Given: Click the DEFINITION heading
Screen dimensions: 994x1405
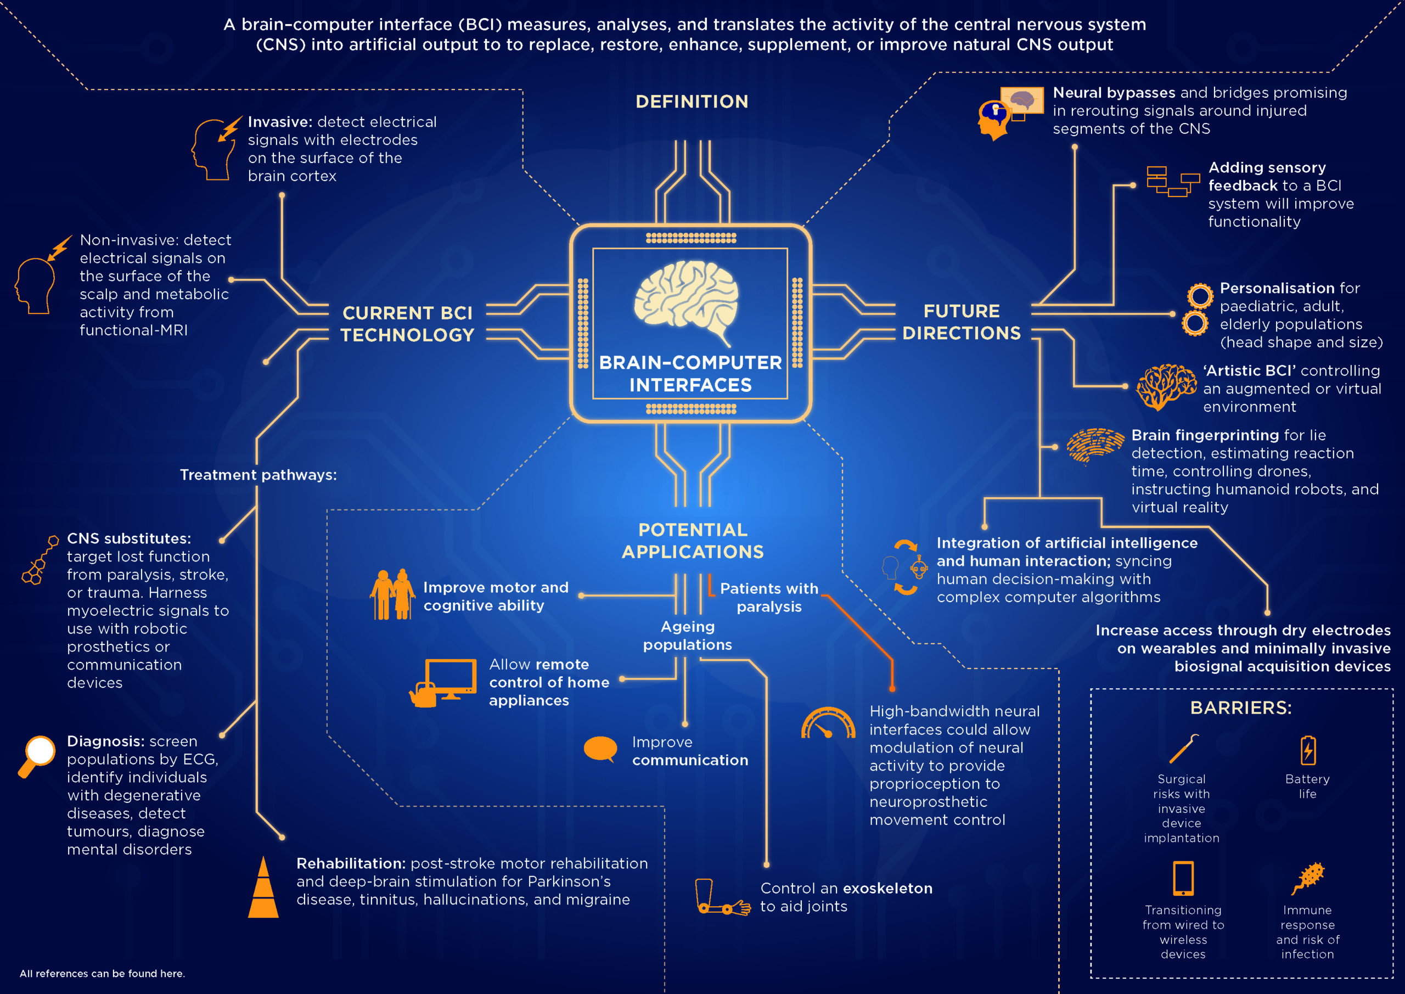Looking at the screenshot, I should click(692, 102).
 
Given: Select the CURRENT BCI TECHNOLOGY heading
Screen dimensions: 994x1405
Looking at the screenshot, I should click(408, 324).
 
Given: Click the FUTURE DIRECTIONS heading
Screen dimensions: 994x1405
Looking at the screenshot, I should click(962, 322).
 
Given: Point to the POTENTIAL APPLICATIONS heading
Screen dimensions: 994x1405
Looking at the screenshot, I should click(693, 541).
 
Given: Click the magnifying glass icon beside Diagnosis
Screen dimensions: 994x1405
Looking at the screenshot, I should click(37, 755).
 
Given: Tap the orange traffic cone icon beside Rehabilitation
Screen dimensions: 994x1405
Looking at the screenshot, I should click(263, 888).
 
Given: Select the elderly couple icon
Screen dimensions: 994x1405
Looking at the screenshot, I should click(392, 594).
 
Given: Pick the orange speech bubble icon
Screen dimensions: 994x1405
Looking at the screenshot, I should click(600, 749).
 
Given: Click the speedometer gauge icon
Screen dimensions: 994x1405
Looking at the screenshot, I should click(828, 723).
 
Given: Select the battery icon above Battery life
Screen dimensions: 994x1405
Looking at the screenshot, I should click(1308, 750).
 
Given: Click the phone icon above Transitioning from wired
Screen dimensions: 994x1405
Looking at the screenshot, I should click(1183, 878).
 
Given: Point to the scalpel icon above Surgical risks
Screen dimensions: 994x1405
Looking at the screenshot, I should click(1183, 749).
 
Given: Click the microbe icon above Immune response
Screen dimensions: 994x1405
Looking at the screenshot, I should click(1308, 878).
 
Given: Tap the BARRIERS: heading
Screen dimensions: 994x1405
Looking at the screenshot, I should click(1240, 708).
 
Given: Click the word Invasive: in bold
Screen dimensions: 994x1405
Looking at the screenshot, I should click(280, 122).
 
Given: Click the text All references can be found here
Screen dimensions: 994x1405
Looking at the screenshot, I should click(102, 973).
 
